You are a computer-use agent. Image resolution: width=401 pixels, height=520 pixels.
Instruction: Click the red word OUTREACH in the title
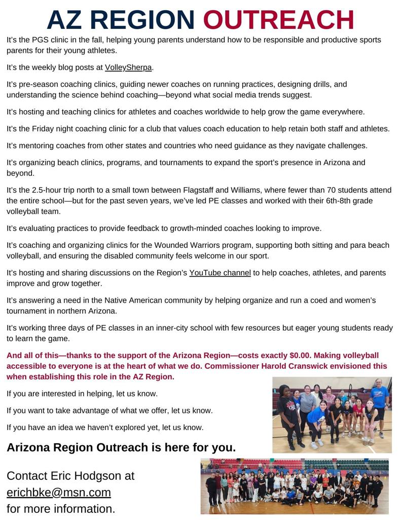[x=278, y=20]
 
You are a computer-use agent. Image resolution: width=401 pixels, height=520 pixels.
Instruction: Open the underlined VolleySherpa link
[x=128, y=67]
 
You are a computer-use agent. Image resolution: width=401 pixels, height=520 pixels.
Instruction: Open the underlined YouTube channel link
[x=220, y=273]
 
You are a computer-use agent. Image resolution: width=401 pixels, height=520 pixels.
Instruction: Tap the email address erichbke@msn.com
[x=59, y=492]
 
